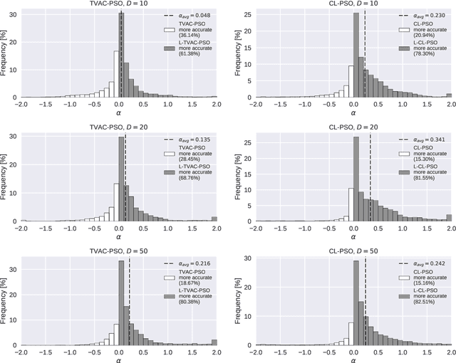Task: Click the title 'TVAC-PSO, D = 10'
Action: pos(118,5)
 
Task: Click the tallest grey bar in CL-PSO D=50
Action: pos(356,302)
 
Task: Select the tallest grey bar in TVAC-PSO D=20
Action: pos(121,178)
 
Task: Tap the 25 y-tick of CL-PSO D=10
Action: pos(247,13)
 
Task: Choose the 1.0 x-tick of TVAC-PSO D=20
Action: pos(167,228)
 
